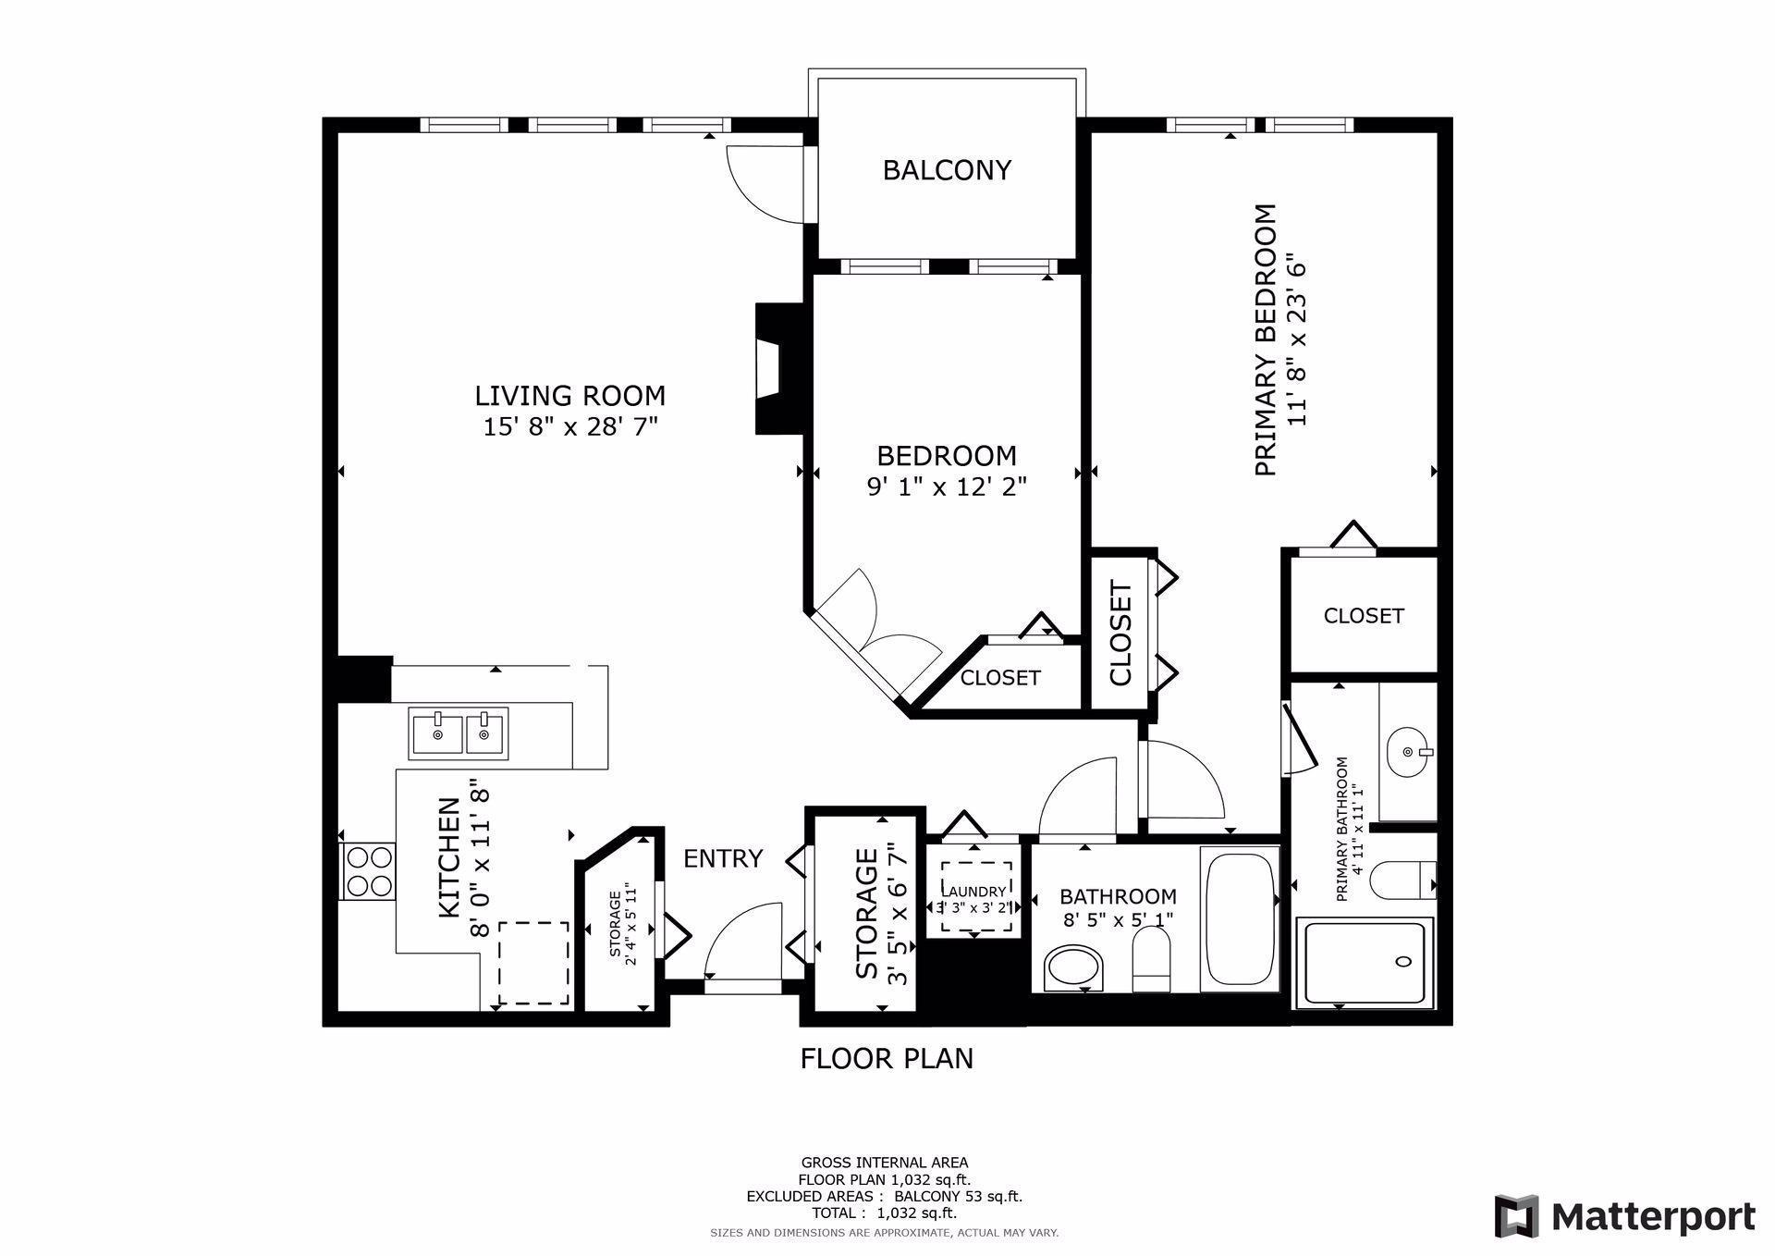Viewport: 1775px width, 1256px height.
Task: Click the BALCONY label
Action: [947, 170]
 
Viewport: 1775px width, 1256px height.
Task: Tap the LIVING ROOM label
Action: [569, 396]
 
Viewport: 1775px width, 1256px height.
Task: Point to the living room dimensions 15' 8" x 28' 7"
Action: [569, 427]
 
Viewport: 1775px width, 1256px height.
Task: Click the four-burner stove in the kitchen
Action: [368, 870]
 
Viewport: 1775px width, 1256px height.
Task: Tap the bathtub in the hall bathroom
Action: [1239, 919]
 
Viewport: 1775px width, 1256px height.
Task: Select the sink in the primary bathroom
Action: [1408, 752]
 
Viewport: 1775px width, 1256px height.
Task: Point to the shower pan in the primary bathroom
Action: [1365, 962]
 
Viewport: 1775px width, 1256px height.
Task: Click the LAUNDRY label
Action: [974, 892]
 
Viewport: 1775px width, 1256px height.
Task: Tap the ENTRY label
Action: [723, 859]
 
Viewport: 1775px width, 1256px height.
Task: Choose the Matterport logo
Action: [1625, 1215]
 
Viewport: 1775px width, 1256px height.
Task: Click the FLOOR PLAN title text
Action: [887, 1058]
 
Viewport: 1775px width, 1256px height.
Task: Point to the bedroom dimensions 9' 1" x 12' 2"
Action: [947, 486]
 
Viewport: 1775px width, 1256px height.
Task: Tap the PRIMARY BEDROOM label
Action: [1265, 340]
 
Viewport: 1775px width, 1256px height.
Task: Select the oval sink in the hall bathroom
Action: [1073, 968]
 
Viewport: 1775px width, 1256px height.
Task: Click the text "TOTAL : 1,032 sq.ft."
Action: [885, 1213]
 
